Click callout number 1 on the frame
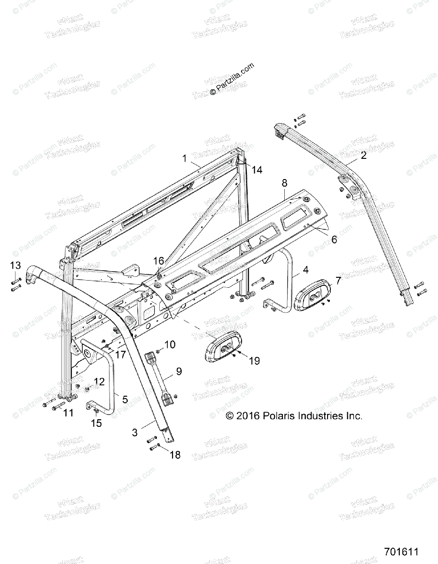(185, 158)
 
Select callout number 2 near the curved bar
(364, 156)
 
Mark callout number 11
(69, 413)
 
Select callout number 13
(16, 266)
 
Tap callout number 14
(256, 170)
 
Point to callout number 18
(175, 455)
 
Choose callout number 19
(254, 360)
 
